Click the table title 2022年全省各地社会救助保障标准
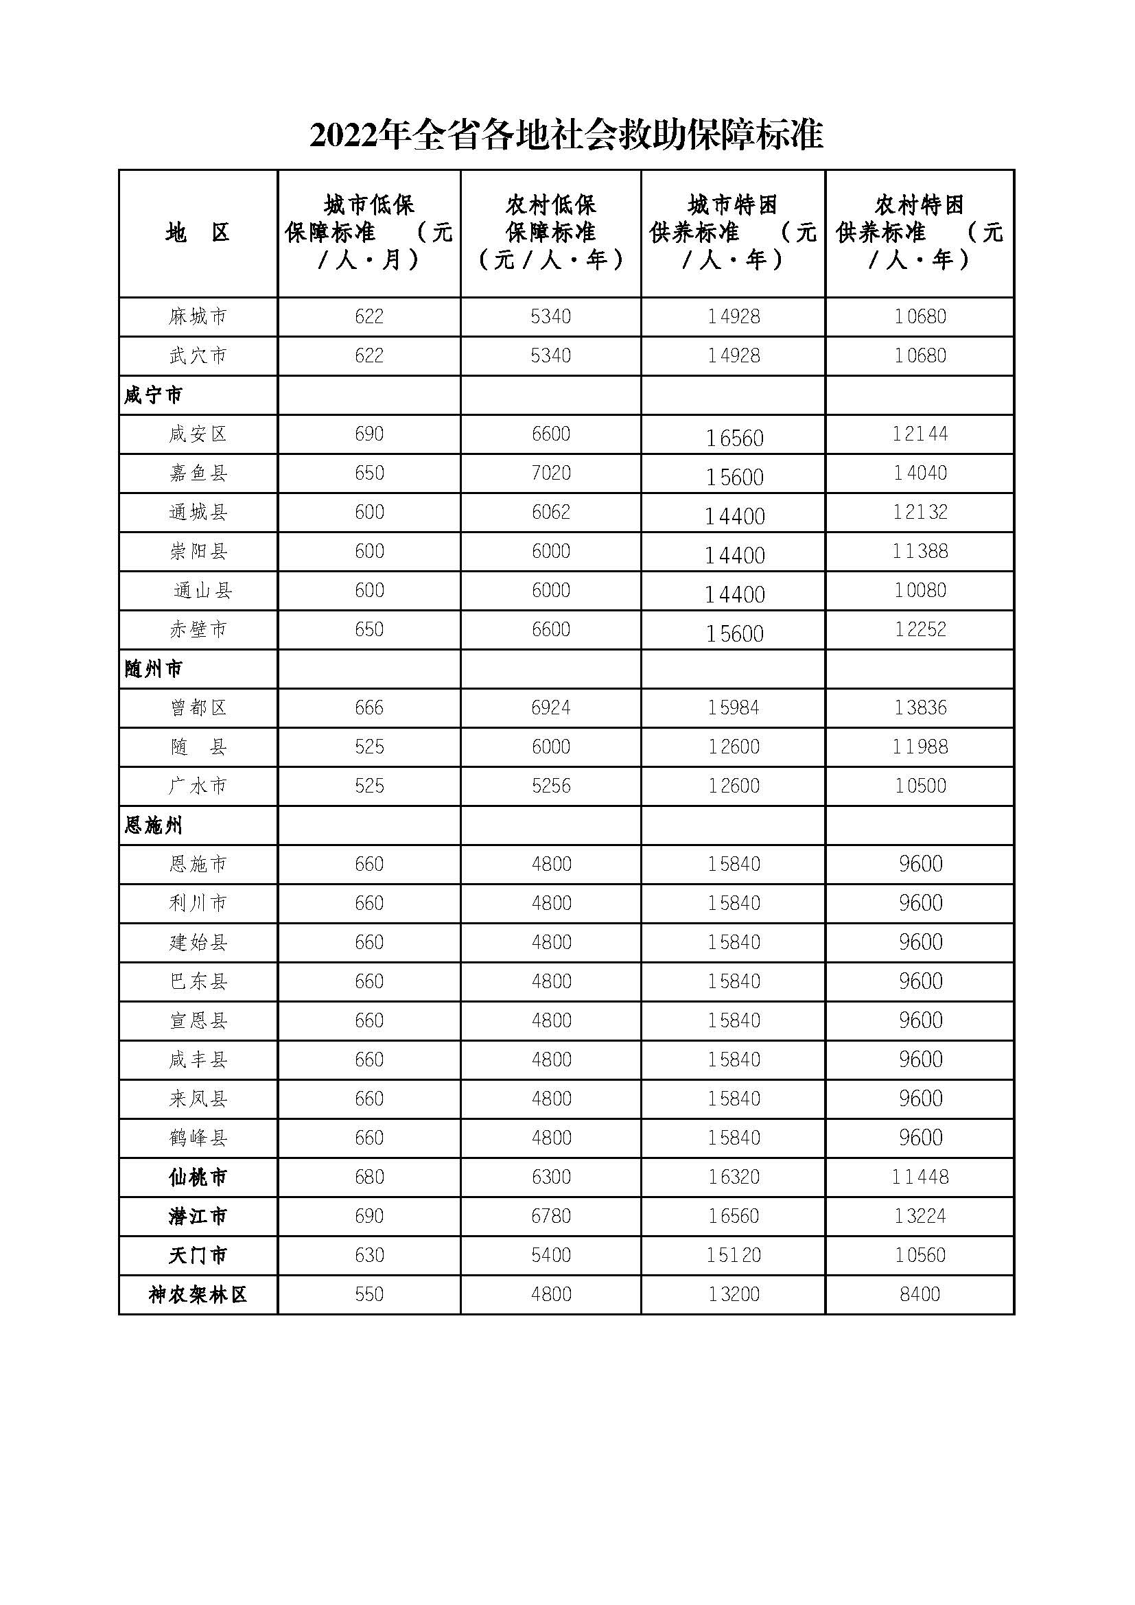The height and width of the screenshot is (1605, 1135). click(566, 135)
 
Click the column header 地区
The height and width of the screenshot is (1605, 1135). click(198, 233)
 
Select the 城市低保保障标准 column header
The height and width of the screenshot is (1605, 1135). click(369, 232)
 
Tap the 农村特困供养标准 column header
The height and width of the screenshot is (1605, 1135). click(919, 232)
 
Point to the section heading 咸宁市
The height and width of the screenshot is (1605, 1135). click(154, 396)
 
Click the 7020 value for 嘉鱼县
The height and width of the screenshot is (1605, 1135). click(551, 473)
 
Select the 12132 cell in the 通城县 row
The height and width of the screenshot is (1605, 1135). click(920, 513)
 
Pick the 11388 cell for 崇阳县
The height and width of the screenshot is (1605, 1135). click(920, 552)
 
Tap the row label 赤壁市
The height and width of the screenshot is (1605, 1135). click(198, 630)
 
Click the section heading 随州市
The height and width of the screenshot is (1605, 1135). click(154, 670)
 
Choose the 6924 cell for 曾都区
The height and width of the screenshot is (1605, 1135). click(551, 708)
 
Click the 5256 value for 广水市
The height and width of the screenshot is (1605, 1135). click(551, 786)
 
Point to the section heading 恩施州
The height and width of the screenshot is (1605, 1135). click(154, 826)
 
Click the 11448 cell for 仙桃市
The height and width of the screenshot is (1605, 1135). click(920, 1178)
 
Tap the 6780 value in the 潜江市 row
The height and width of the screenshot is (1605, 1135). click(551, 1217)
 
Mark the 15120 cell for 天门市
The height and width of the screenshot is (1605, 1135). click(733, 1256)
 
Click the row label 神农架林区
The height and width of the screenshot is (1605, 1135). click(198, 1296)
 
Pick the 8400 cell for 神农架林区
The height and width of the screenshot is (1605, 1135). click(920, 1296)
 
